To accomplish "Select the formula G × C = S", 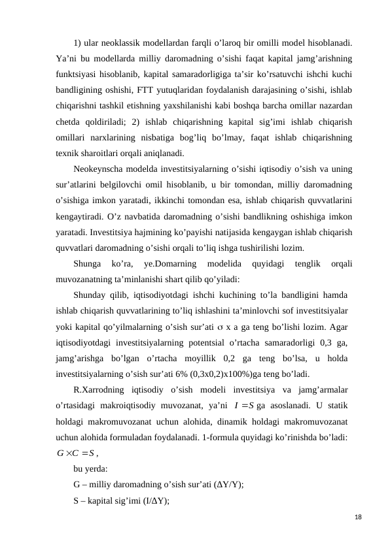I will (76, 453).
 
